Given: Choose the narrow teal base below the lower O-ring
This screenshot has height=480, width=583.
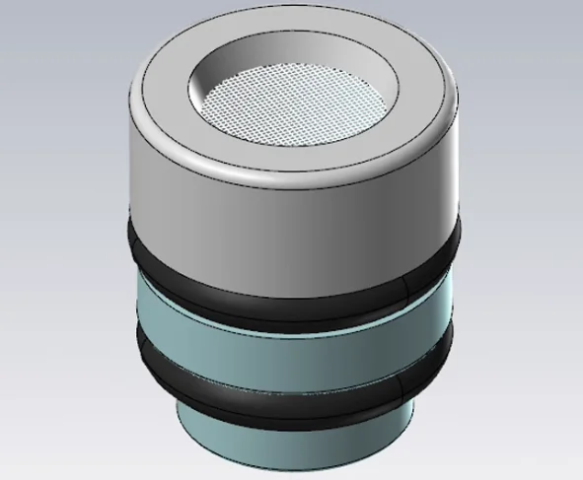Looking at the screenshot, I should point(296,439).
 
